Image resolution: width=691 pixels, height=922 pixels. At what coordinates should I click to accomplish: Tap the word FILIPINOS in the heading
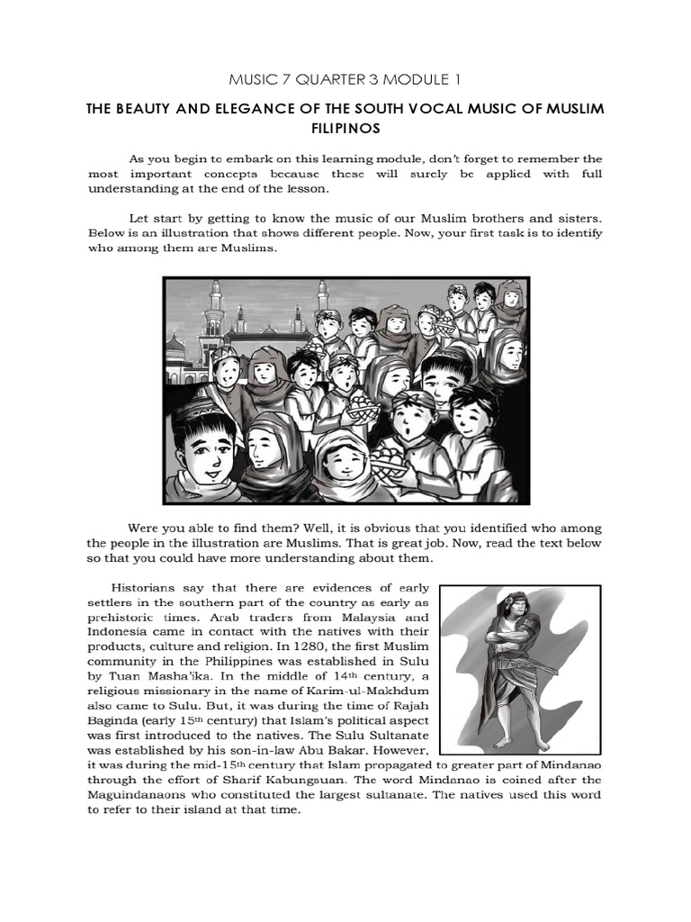(x=345, y=129)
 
